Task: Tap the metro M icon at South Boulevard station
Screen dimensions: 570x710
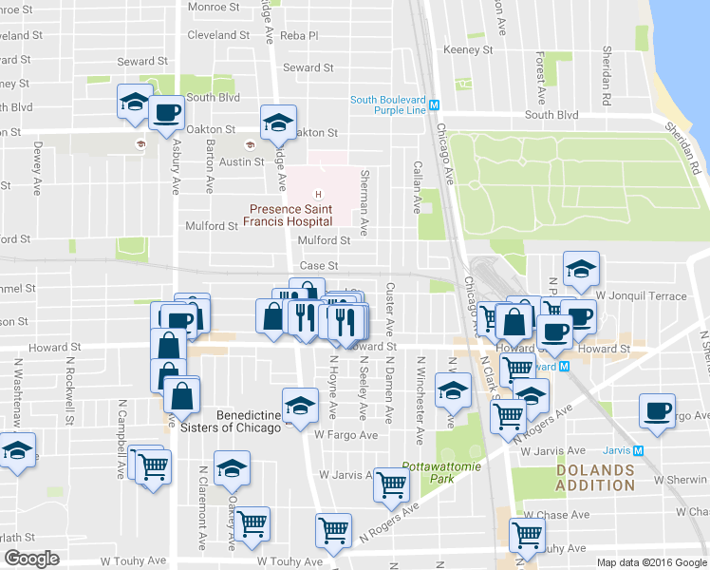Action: click(x=434, y=105)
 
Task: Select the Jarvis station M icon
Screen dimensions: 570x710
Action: click(x=639, y=451)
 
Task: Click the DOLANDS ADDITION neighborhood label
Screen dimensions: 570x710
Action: click(x=595, y=478)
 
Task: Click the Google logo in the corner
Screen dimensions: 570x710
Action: click(x=31, y=558)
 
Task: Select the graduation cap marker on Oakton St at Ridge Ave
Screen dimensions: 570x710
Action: click(x=277, y=122)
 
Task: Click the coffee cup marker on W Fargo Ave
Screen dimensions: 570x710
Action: click(x=656, y=409)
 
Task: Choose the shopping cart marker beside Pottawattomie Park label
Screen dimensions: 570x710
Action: click(x=391, y=484)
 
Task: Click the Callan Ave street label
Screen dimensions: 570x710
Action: click(x=415, y=198)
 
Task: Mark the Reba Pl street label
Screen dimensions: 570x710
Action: click(x=298, y=35)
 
